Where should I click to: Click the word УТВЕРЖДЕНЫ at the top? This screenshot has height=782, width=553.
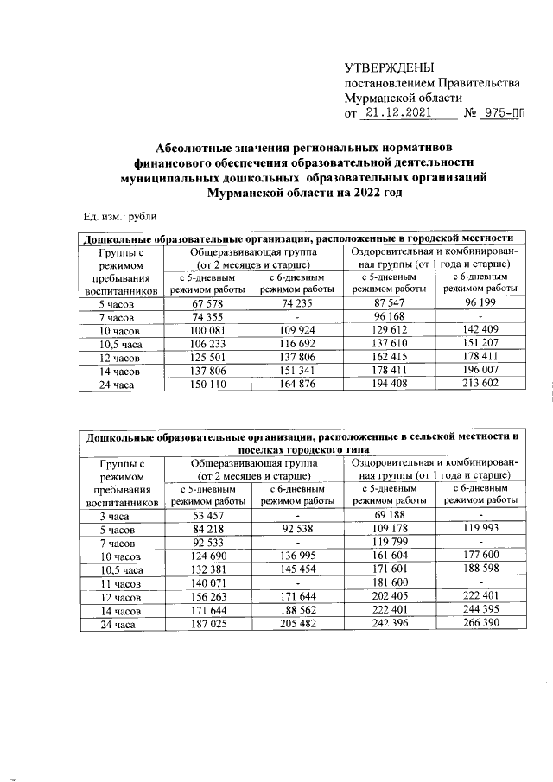tap(389, 67)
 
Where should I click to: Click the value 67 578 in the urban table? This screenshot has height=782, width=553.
tap(208, 304)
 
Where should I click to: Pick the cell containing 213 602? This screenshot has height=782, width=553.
tap(480, 384)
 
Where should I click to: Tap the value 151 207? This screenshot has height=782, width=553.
tap(480, 344)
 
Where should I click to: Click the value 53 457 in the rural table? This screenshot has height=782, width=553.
tap(208, 517)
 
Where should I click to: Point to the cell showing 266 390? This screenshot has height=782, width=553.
tap(480, 624)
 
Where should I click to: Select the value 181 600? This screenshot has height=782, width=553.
tap(388, 584)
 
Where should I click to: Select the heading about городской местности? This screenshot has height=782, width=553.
tap(297, 238)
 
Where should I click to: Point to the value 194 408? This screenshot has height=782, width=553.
tap(388, 384)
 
